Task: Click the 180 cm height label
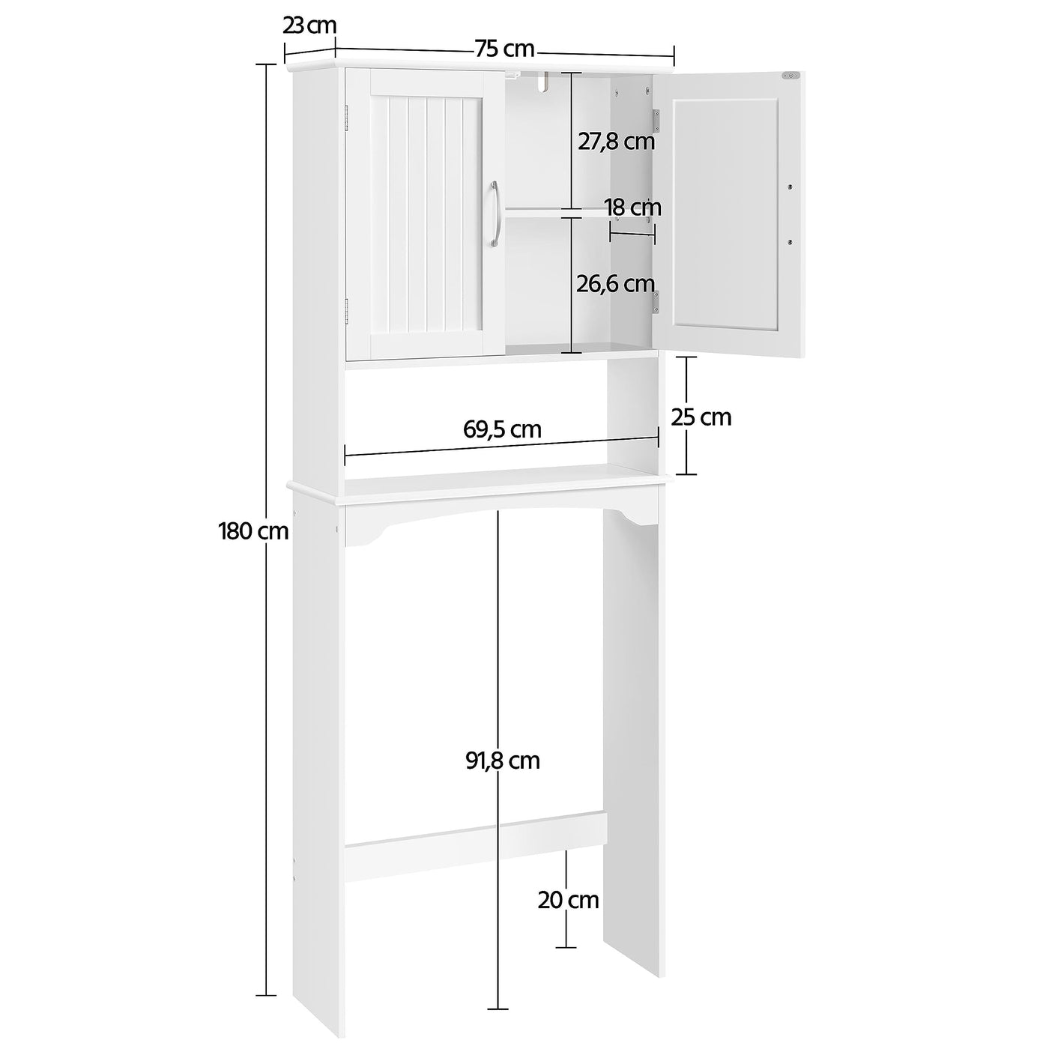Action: tap(253, 532)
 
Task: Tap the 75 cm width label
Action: tap(504, 49)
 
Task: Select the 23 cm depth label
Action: tap(309, 25)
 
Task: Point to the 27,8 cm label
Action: tap(616, 141)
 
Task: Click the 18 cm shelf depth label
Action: tap(633, 207)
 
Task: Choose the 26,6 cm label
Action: tap(616, 283)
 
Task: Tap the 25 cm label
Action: tap(701, 417)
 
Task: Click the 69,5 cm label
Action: tap(502, 429)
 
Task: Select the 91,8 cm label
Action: tap(502, 761)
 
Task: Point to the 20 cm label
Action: tap(568, 899)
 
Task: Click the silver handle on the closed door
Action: tap(494, 214)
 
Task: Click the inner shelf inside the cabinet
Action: tap(554, 214)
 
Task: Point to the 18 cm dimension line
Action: tap(632, 234)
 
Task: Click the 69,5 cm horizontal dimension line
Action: tap(502, 447)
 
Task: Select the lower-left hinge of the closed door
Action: tap(346, 309)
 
